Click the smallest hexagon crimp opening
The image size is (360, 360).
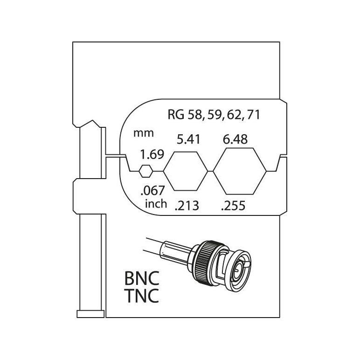145,171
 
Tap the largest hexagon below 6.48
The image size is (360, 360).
240,171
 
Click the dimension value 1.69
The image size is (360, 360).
152,154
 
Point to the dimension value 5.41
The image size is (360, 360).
188,139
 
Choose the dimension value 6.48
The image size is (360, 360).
235,139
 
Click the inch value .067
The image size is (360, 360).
152,191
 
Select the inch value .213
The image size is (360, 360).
187,206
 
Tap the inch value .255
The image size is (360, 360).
233,206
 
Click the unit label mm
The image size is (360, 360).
144,133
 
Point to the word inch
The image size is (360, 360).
156,204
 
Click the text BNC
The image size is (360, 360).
142,278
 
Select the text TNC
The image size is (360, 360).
142,296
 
